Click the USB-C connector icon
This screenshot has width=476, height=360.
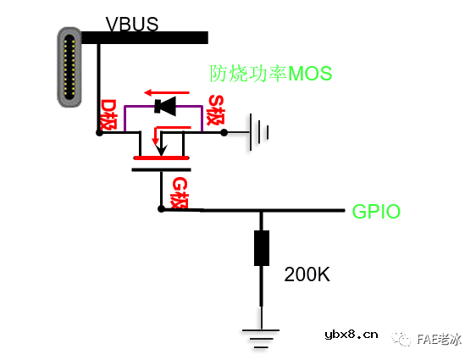(x=69, y=66)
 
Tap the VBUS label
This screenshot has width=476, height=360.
(x=131, y=24)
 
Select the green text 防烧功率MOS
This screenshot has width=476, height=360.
(x=271, y=74)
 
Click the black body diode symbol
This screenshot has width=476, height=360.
(x=164, y=106)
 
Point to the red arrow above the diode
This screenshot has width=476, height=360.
(x=163, y=91)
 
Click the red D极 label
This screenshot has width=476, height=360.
(x=108, y=114)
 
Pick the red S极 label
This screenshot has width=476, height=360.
(x=216, y=111)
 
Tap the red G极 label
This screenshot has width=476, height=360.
(x=180, y=193)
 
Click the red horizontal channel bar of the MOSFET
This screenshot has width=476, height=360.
(x=161, y=158)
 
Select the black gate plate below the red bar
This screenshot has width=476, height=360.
(x=161, y=169)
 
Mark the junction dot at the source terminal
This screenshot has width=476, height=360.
(x=223, y=132)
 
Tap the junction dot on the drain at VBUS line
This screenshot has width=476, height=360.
(x=99, y=132)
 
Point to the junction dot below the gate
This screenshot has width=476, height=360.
(x=161, y=208)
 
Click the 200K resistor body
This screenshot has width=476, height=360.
(x=262, y=247)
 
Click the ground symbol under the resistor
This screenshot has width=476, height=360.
(x=262, y=335)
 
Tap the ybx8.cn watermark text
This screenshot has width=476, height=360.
(x=351, y=335)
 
